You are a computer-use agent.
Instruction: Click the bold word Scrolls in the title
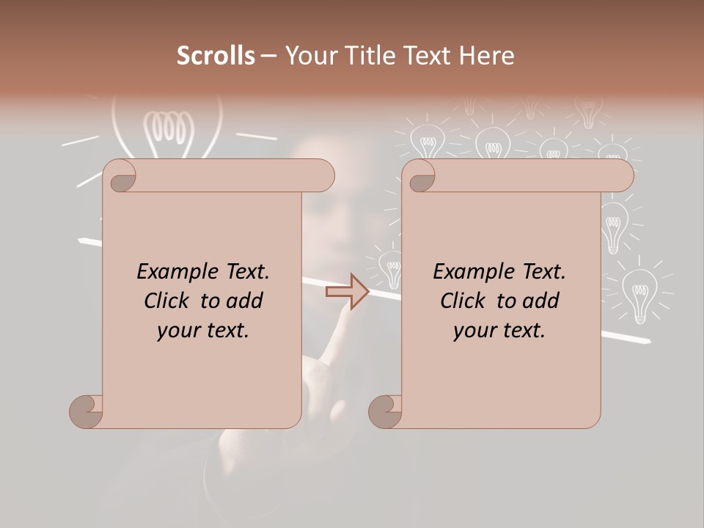(216, 56)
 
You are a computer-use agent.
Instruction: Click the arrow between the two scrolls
(348, 292)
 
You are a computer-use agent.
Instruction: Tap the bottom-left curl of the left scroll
(87, 412)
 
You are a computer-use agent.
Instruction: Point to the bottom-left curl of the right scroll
(385, 412)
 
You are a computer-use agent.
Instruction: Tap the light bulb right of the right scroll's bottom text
(639, 293)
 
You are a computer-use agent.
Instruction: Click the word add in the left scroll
(245, 301)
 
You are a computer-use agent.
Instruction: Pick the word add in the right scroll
(541, 301)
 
